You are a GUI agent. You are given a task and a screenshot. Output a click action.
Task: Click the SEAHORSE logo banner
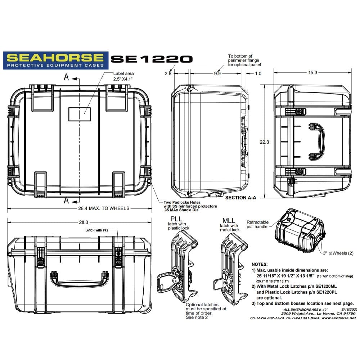coord(55,60)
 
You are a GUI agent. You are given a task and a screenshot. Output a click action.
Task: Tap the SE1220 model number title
coord(152,59)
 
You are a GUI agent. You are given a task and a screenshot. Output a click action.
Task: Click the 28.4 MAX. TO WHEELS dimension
coord(104,208)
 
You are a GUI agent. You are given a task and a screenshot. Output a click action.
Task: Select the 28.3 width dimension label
coord(84,222)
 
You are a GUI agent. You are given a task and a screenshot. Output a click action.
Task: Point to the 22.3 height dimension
coord(264,142)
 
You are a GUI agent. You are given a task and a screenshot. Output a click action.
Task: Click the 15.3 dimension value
coord(313,73)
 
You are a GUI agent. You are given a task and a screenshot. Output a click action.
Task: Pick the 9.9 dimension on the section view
coord(217,73)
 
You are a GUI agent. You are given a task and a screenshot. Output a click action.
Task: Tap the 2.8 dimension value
coord(168,73)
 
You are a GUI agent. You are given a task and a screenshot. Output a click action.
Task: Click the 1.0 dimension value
coord(258,73)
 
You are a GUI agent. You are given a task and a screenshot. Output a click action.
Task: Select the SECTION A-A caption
coord(240,198)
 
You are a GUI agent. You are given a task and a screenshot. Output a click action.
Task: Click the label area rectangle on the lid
coord(80,114)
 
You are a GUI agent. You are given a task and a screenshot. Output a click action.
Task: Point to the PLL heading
coord(176,219)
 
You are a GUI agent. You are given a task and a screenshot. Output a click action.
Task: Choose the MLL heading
coord(229,221)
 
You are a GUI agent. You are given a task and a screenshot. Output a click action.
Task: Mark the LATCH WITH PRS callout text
coord(96,230)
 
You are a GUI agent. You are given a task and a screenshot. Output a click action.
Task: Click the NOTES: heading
coord(260,265)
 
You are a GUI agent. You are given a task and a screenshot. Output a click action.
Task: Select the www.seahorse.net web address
coord(338,318)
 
